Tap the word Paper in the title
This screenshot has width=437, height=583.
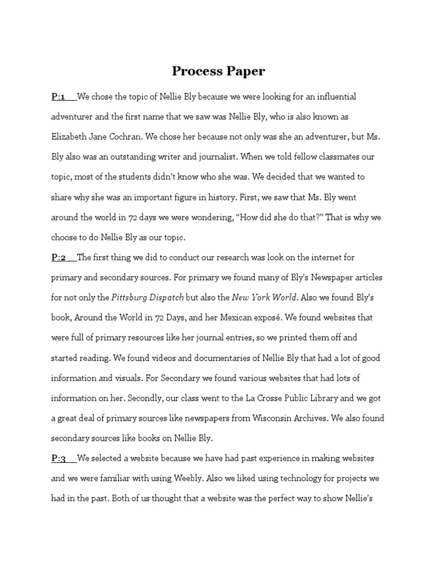point(244,72)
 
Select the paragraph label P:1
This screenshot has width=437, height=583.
point(59,97)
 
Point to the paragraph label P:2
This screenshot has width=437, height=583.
point(59,258)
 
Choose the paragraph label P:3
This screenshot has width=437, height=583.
point(59,458)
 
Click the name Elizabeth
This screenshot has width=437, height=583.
point(71,137)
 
